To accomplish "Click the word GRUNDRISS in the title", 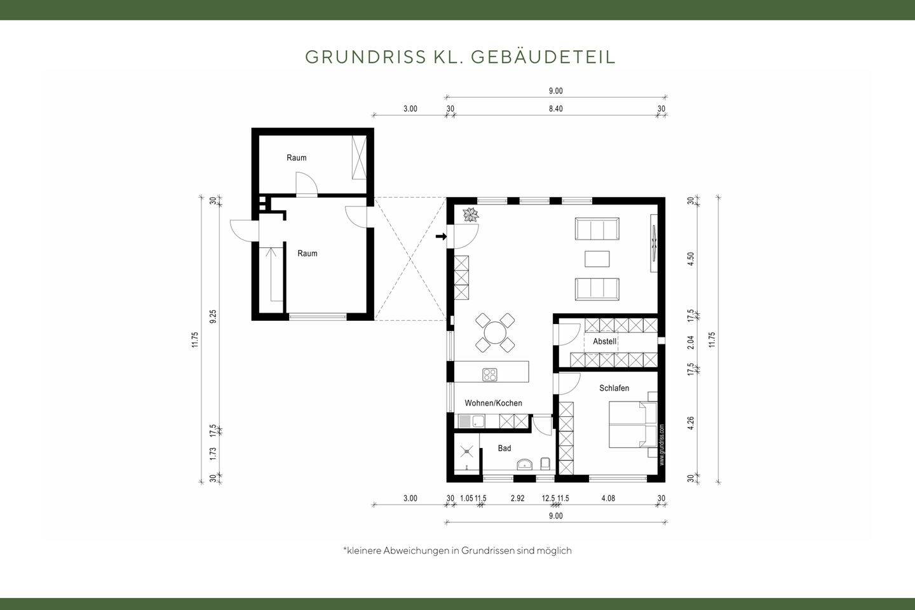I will pos(365,57).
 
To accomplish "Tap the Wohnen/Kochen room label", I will pos(493,403).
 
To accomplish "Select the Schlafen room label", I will pos(614,388).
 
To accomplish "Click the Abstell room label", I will pos(604,341).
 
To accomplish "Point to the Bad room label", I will pos(504,448).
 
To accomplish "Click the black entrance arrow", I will pos(440,236).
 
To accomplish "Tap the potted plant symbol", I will pos(471,215).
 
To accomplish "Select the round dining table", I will pos(495,332).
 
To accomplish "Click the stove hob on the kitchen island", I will pos(489,374).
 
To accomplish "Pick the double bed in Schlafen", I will pos(632,424).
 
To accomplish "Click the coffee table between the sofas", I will pos(597,259).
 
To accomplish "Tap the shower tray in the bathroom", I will pos(467,452).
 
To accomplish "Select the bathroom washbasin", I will pos(525,464).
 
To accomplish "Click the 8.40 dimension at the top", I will pos(555,109).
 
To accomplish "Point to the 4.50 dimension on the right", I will pos(691,259).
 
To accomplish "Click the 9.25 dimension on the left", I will pos(213,316).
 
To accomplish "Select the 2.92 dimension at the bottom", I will pos(517,498).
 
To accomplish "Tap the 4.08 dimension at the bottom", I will pos(608,498).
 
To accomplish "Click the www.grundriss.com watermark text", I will pos(661,444).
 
